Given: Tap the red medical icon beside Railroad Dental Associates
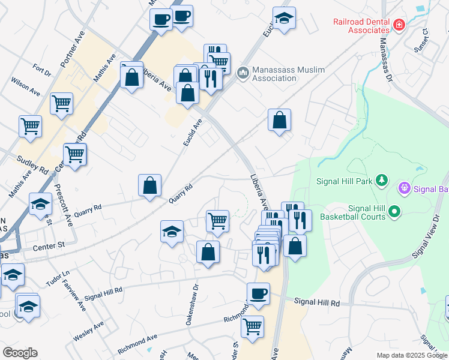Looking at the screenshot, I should point(399,25).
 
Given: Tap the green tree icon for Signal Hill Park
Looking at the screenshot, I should point(381,180).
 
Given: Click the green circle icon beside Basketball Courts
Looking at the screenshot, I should point(394,211).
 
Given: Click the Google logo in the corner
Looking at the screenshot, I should point(20,353).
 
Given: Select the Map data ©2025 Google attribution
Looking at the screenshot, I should point(411,355).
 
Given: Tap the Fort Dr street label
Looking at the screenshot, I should point(43,70).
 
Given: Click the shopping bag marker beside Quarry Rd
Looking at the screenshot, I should point(149,185).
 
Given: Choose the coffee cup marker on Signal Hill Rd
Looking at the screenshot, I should point(258,293).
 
